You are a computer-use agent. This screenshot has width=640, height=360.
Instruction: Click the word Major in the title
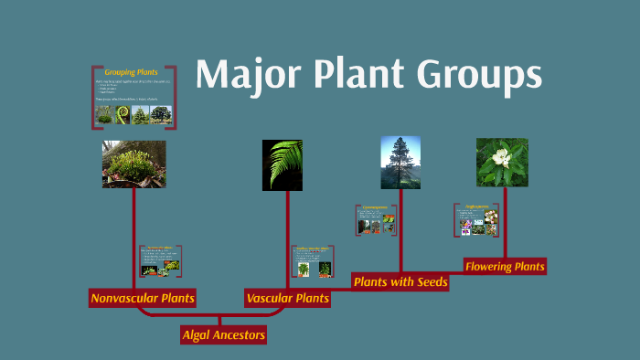(x=240, y=74)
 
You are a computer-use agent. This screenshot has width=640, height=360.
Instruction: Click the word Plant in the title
(x=354, y=74)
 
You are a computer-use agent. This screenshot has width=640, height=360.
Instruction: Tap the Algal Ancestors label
(x=224, y=335)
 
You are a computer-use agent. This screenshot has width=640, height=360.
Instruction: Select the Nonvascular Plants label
(x=143, y=298)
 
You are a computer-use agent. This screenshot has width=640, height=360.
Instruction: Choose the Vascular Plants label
(x=287, y=298)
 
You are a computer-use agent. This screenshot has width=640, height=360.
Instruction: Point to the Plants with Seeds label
(x=400, y=282)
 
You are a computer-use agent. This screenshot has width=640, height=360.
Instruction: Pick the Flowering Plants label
(x=505, y=267)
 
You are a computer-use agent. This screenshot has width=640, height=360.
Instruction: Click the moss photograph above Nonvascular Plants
(x=133, y=164)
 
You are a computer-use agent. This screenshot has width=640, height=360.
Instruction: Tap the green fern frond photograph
(x=282, y=164)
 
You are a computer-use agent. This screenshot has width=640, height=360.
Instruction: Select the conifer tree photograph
(x=400, y=163)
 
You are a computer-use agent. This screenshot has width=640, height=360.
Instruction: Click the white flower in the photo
(x=499, y=157)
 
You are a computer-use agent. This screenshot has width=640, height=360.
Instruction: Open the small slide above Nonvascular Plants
(x=160, y=261)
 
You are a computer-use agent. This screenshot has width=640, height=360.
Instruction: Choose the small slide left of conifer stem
(x=376, y=219)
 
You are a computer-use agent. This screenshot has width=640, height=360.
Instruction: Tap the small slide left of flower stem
(x=476, y=220)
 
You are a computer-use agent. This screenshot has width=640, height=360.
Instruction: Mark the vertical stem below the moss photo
(x=134, y=238)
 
